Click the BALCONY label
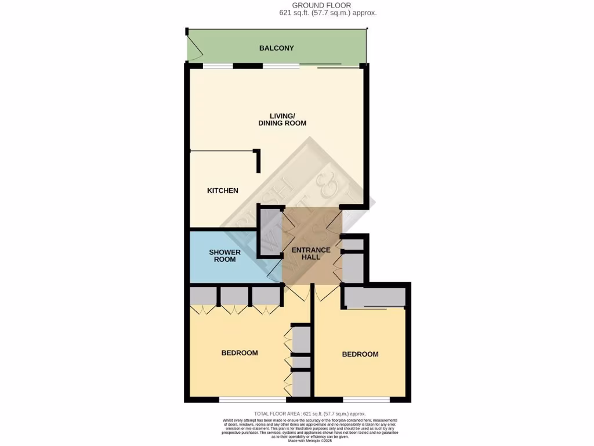pos(277,48)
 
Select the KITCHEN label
pos(223,190)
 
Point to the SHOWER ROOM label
pos(224,256)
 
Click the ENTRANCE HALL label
pos(311,254)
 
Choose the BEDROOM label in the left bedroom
pos(239,353)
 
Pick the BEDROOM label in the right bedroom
pos(360,354)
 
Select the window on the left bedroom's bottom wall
pos(252,400)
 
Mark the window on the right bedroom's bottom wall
pos(366,400)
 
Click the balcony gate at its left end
pos(194,51)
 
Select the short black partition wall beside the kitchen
pos(258,161)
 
